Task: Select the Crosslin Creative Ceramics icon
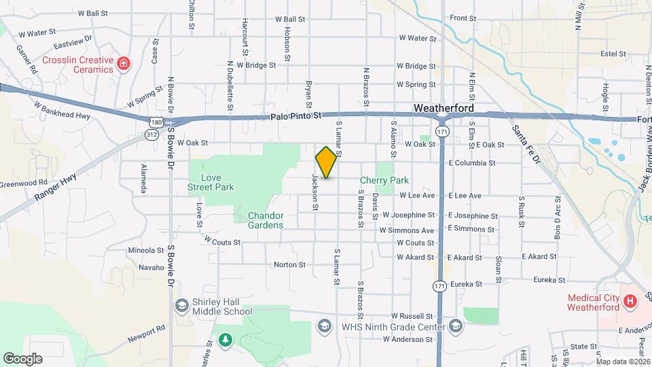coord(124,65)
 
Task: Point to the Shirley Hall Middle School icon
coord(181,305)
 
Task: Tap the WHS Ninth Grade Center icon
coord(323,326)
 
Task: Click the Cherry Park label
coord(384,180)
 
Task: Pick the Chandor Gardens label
coord(265,220)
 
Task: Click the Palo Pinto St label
coord(295,117)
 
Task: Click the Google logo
coord(22,359)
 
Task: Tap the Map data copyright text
coord(619,362)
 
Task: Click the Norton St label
coord(286,264)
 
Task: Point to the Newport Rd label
coord(146,334)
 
